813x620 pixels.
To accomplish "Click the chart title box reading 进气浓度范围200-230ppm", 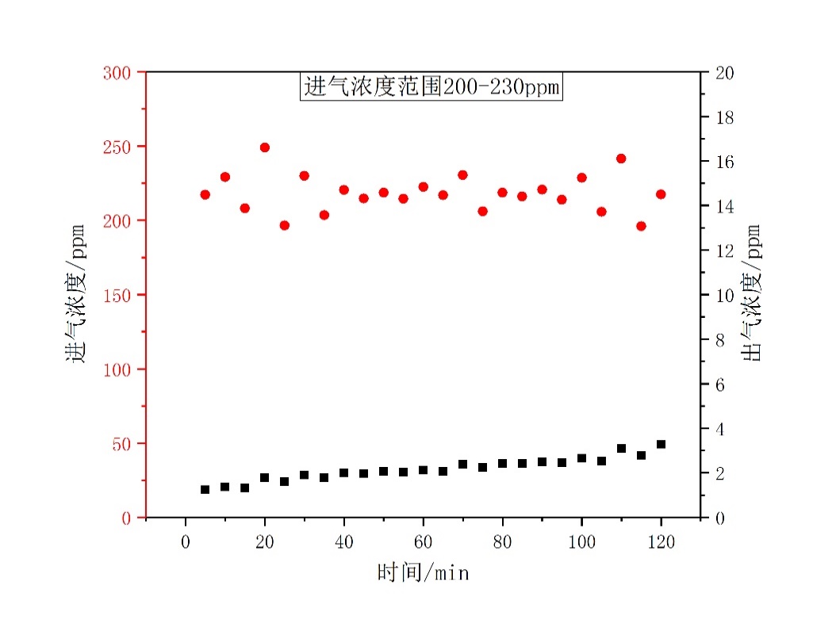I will (431, 86).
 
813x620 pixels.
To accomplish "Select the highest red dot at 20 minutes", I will (264, 147).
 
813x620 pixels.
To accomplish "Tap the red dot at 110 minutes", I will (621, 159).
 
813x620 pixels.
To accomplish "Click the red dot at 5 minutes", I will (205, 194).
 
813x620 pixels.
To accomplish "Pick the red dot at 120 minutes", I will (661, 194).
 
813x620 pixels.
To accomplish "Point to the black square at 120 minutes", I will (661, 444).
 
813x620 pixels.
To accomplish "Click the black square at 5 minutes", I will (205, 489).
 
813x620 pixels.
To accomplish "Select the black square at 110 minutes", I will (621, 449).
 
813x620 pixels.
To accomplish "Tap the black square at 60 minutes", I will (423, 470).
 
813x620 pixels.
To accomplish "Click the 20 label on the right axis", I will (725, 73).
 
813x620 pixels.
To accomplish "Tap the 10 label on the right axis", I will (725, 296).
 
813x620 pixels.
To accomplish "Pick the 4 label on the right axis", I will (721, 429).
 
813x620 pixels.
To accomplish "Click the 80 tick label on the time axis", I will (502, 542).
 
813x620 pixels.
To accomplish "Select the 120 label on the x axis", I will (661, 542).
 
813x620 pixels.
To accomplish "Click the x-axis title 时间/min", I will (423, 572).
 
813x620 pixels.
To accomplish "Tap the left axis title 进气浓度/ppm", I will (77, 294).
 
